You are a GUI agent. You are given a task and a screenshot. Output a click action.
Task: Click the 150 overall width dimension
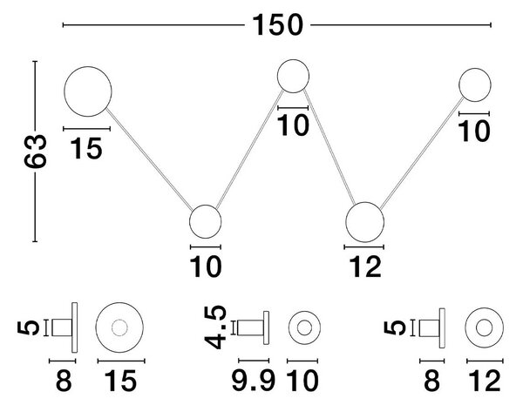pyautogui.click(x=277, y=25)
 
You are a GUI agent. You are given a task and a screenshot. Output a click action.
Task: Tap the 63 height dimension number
pyautogui.click(x=35, y=151)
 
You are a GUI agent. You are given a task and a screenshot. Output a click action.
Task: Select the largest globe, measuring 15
pyautogui.click(x=88, y=91)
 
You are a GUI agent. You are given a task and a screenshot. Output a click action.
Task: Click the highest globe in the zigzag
pyautogui.click(x=293, y=76)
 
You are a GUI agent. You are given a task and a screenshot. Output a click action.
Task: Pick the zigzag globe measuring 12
pyautogui.click(x=364, y=222)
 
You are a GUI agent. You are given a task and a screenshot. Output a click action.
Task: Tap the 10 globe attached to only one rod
pyautogui.click(x=475, y=84)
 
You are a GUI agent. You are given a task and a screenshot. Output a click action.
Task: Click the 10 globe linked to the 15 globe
pyautogui.click(x=205, y=221)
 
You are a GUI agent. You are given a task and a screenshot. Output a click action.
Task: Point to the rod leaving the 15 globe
pyautogui.click(x=149, y=159)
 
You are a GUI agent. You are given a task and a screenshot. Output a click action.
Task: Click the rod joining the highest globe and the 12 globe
pyautogui.click(x=329, y=147)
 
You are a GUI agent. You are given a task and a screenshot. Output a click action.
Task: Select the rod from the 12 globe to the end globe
pyautogui.click(x=422, y=152)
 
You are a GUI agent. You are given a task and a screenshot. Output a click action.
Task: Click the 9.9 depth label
pyautogui.click(x=254, y=381)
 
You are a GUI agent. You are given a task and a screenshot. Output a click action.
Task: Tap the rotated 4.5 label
pyautogui.click(x=215, y=327)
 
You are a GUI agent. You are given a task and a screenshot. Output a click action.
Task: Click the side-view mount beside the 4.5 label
pyautogui.click(x=253, y=327)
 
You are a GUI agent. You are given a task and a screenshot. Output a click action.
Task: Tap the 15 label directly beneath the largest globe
pyautogui.click(x=86, y=148)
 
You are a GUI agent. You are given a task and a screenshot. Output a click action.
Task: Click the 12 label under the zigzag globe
pyautogui.click(x=365, y=267)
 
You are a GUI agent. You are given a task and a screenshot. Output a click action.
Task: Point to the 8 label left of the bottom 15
pyautogui.click(x=64, y=381)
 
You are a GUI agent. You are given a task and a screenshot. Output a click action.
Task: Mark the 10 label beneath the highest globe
pyautogui.click(x=293, y=125)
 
